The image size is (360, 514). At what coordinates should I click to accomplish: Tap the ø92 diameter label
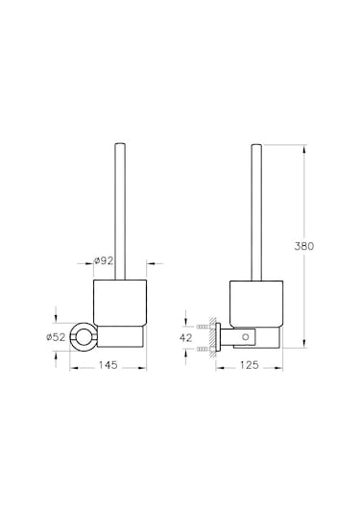[x=106, y=259]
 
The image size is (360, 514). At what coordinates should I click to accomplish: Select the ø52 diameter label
[x=56, y=336]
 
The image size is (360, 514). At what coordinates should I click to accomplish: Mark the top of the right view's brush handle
[x=255, y=147]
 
